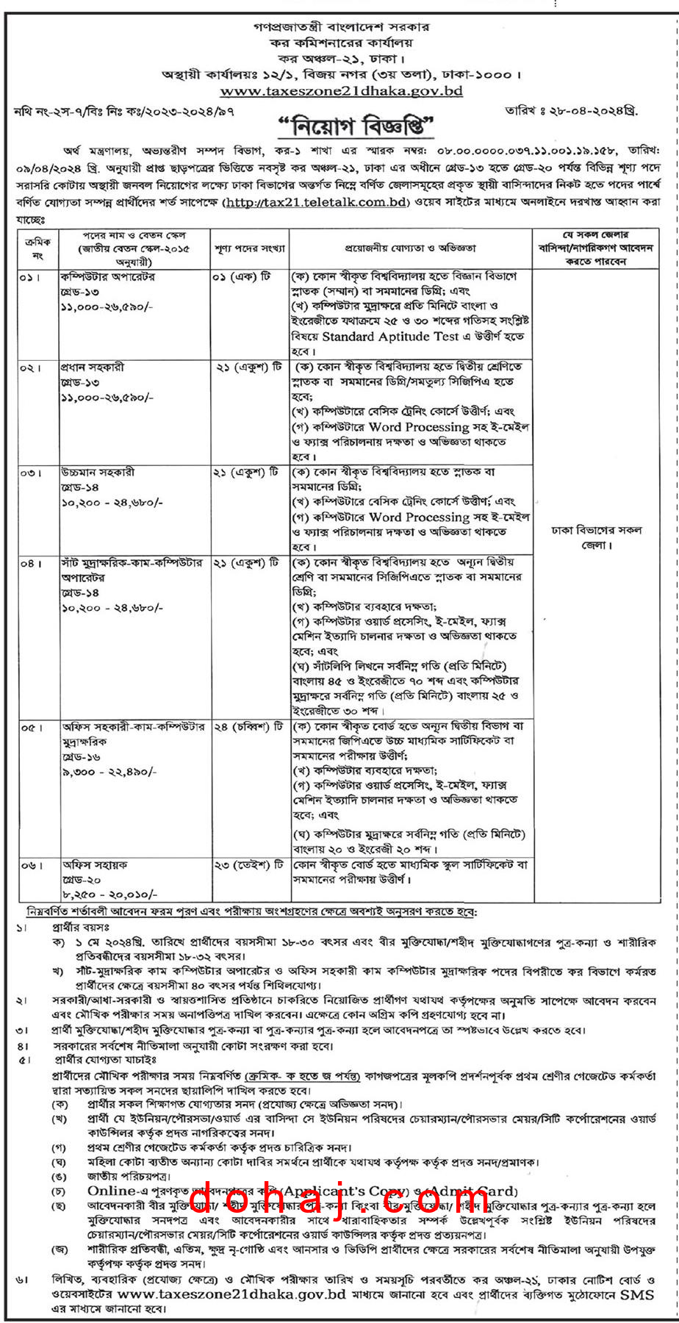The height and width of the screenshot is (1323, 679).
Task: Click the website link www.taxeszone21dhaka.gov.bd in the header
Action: [341, 92]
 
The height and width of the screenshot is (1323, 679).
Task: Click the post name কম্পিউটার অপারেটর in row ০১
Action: [107, 277]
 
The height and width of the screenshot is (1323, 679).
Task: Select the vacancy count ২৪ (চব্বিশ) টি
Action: [248, 726]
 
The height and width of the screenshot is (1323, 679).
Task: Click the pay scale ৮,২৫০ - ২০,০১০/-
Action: [109, 894]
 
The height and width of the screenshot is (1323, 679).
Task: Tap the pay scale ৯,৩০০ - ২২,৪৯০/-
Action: [109, 772]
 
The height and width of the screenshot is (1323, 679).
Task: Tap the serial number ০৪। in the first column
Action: [29, 563]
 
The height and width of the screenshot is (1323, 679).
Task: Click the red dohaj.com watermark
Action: [339, 1200]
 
